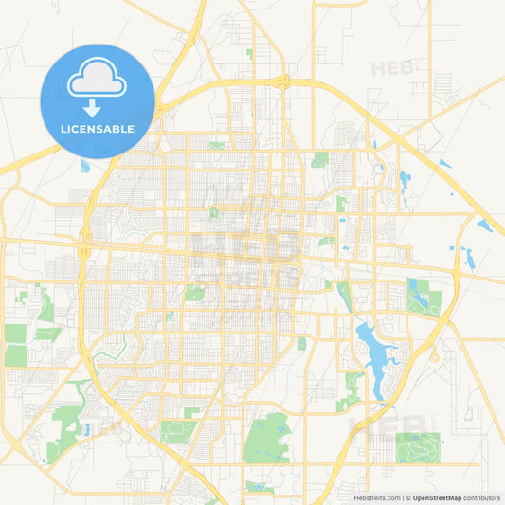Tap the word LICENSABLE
(98, 128)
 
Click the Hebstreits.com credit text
(371, 496)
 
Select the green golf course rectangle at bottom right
(418, 444)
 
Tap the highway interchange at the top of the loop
(283, 82)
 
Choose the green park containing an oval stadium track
(176, 431)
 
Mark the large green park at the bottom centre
(266, 437)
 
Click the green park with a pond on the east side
(423, 296)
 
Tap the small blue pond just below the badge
(84, 166)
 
